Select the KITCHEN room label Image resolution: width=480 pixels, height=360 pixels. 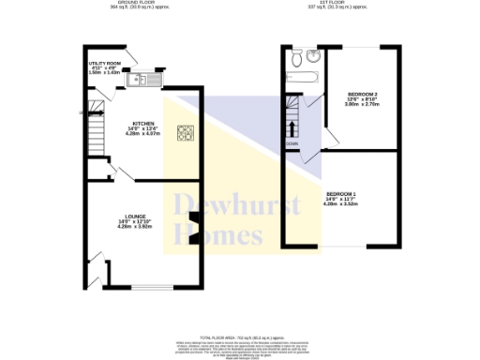point(143,123)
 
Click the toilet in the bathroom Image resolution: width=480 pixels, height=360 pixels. point(296,60)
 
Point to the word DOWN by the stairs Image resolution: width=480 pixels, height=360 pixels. point(292,143)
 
